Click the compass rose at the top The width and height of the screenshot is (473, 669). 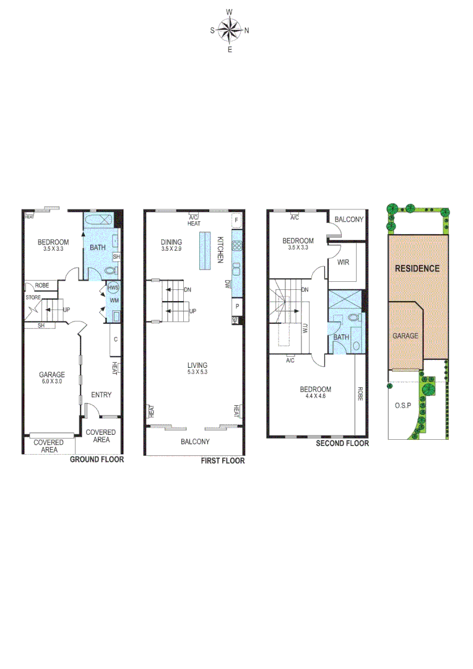tap(230, 29)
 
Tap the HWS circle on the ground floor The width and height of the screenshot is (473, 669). tap(113, 289)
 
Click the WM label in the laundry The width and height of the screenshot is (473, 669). tap(114, 301)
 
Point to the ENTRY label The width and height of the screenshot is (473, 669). tap(101, 395)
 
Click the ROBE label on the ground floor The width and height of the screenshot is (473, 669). tap(42, 286)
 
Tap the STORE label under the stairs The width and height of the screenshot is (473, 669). tap(32, 298)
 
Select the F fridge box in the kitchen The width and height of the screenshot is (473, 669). tap(236, 220)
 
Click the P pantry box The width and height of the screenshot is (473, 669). tap(236, 307)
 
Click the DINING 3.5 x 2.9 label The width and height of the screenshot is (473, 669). tap(171, 245)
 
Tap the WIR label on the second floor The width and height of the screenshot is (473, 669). tap(343, 262)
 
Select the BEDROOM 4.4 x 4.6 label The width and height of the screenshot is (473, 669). tap(315, 393)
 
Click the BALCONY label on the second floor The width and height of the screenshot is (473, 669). tap(349, 219)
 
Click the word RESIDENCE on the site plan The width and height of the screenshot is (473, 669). tap(417, 268)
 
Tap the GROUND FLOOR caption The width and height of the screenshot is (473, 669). tap(97, 460)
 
